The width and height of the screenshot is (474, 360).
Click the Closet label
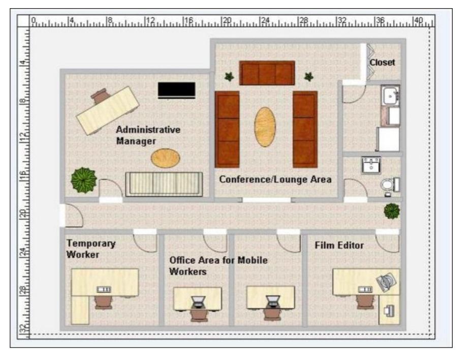click(382, 63)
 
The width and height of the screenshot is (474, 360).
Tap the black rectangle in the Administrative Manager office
click(176, 90)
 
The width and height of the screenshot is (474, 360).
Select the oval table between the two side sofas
click(265, 127)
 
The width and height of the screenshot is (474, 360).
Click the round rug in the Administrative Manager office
click(165, 158)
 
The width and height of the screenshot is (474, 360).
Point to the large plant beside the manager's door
click(84, 181)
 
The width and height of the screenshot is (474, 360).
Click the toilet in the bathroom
click(390, 185)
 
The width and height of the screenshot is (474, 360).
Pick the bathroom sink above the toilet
click(371, 165)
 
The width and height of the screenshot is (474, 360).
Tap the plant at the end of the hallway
click(392, 211)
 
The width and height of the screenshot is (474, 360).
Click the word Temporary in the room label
click(91, 244)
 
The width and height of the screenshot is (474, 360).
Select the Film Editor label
click(339, 245)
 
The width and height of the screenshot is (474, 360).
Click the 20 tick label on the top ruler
click(227, 20)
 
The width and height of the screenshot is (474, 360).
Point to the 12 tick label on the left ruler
click(23, 138)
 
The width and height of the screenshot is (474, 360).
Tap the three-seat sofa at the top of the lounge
click(267, 73)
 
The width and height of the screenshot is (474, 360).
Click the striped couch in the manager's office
click(164, 184)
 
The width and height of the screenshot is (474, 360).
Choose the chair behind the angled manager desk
click(100, 96)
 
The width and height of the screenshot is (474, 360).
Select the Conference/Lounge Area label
click(275, 179)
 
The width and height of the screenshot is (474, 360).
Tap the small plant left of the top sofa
click(229, 77)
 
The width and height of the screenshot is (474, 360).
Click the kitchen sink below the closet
click(391, 96)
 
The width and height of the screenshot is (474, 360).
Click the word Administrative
click(148, 130)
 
